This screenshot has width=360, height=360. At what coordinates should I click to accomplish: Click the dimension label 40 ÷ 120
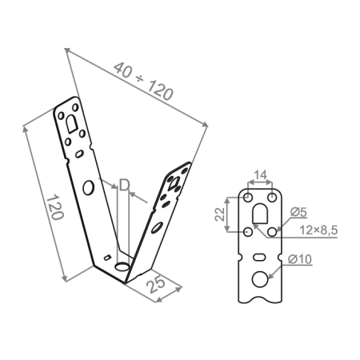coord(145,82)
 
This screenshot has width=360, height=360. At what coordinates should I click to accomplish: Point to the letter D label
coord(124,186)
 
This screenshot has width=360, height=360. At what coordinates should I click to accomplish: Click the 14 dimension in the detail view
coord(261,175)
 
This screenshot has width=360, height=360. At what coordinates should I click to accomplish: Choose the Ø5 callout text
coord(300,212)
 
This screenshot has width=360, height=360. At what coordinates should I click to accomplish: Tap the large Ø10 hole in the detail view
coord(262,279)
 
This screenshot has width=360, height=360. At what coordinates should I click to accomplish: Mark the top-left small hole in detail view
coord(249,197)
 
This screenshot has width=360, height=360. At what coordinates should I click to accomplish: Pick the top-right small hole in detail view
coord(274,197)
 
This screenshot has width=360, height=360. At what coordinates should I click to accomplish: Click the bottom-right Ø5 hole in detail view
coord(274,231)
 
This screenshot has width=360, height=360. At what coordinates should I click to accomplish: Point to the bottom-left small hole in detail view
coord(249,231)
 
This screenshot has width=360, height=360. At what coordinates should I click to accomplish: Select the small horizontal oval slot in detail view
coord(262,257)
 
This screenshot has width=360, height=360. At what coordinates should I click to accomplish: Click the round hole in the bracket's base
coord(122,265)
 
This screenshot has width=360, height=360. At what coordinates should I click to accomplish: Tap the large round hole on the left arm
coord(90,187)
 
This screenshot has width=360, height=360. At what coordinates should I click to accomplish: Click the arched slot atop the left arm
coord(71,122)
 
